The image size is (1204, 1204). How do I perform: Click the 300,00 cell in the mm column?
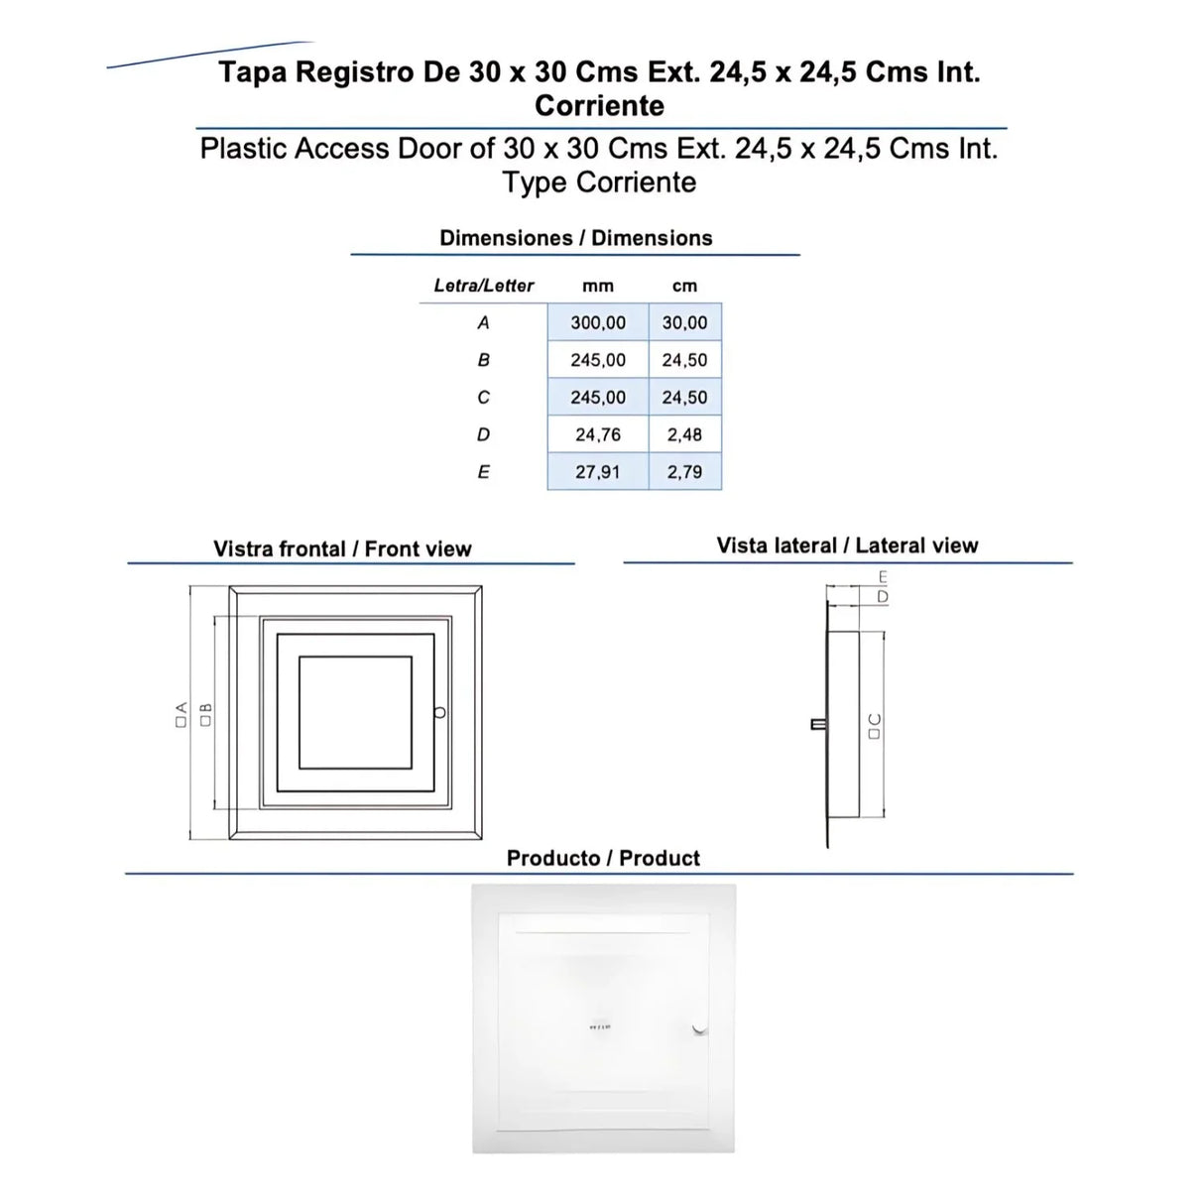(x=597, y=322)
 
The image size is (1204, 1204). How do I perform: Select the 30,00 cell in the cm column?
(x=684, y=322)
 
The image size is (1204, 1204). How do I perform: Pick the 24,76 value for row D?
(x=597, y=434)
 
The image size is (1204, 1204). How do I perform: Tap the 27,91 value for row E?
(x=597, y=472)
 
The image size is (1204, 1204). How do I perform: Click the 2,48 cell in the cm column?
(x=684, y=434)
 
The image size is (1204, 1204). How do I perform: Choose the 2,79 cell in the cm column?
(x=684, y=472)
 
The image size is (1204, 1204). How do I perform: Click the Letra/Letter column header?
(x=484, y=286)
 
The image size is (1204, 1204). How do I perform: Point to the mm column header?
(x=597, y=286)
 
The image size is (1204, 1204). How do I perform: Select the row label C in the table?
(x=483, y=397)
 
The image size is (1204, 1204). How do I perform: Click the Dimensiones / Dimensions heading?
(x=575, y=238)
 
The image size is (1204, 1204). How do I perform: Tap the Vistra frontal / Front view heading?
(x=342, y=548)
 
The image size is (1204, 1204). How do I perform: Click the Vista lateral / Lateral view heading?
(x=847, y=545)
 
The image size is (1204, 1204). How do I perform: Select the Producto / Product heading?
(x=603, y=858)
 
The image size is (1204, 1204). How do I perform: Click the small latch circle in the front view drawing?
(x=440, y=712)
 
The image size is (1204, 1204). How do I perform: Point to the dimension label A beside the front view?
(x=181, y=713)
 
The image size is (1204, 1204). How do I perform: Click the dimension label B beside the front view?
(x=206, y=713)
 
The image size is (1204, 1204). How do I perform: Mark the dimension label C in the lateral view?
(x=874, y=725)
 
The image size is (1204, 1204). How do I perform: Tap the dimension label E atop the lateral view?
(x=883, y=577)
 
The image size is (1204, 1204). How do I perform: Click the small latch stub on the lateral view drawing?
(x=818, y=724)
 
